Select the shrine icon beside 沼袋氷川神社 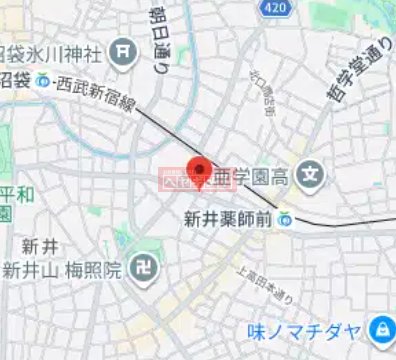(x=125, y=49)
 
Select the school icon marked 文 (x=312, y=179)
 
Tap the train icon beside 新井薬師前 (x=287, y=217)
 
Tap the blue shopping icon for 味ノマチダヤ (x=380, y=329)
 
